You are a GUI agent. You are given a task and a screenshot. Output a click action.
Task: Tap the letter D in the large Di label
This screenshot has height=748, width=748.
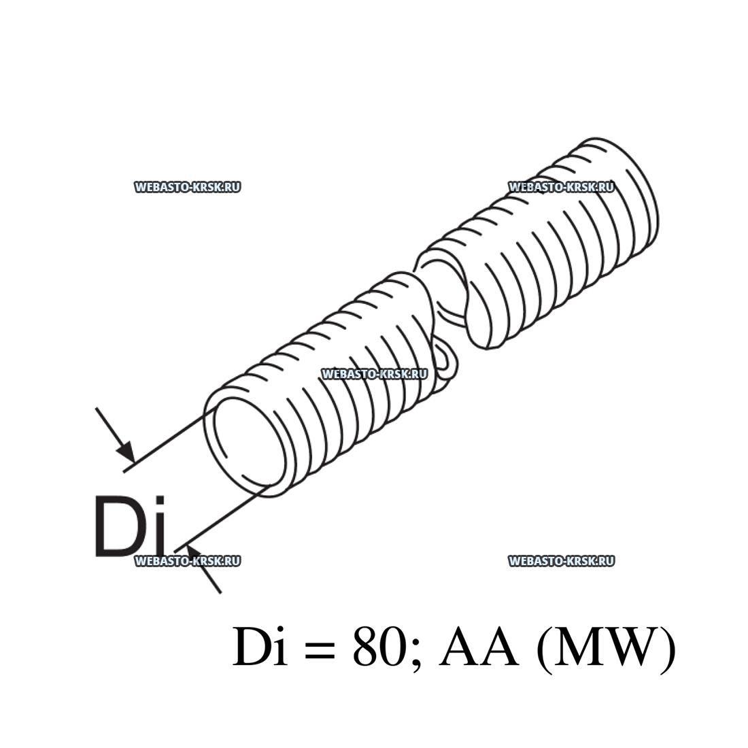pyautogui.click(x=119, y=526)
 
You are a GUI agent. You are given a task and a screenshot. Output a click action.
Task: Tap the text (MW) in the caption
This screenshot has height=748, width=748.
pyautogui.click(x=606, y=649)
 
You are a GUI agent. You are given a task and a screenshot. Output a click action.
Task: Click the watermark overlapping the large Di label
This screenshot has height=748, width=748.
pyautogui.click(x=188, y=561)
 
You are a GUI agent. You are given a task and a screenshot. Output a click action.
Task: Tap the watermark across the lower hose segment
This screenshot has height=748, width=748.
pyautogui.click(x=375, y=374)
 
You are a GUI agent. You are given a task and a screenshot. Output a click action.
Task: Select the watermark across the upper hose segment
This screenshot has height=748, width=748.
pyautogui.click(x=562, y=187)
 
